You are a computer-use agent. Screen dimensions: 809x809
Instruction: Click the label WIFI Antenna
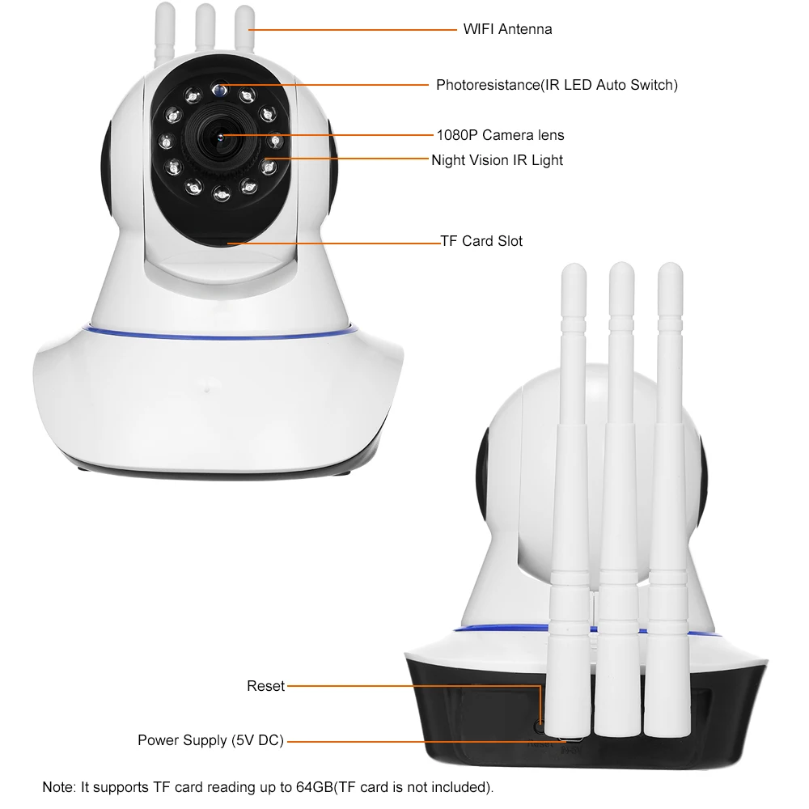coord(507,29)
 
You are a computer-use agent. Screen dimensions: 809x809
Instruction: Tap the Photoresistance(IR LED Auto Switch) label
coord(557,84)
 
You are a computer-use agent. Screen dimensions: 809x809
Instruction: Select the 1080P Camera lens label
coord(500,135)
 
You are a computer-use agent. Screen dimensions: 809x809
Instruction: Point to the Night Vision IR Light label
coord(497,160)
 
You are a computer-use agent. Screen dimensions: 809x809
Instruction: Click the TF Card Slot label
coord(481,241)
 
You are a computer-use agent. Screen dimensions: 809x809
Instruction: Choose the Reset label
coord(265,686)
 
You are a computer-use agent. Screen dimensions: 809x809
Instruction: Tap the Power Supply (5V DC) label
coord(210,740)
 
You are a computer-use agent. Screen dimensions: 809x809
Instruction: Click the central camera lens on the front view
coord(220,135)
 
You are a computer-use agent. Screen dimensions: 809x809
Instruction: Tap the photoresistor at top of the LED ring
coord(220,87)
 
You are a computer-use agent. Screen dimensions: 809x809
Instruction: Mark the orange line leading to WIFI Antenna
coord(356,30)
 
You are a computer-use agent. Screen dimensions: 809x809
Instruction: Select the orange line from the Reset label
coord(413,687)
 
